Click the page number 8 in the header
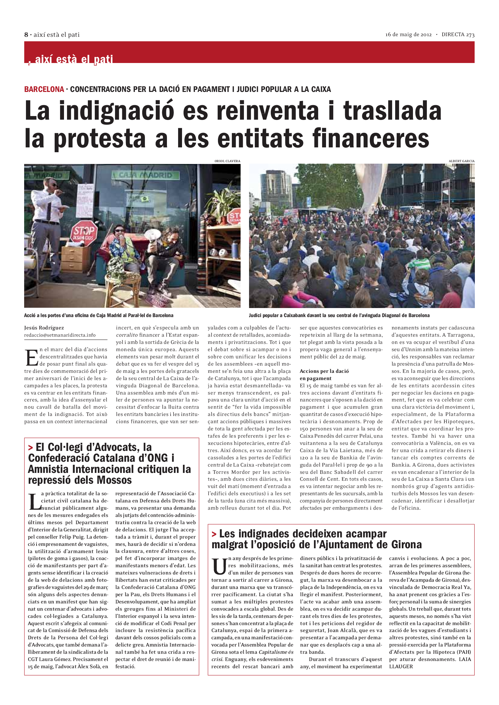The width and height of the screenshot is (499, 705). tap(26, 35)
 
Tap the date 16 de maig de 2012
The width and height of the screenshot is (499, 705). tap(408, 35)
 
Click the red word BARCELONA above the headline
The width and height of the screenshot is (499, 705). tap(44, 89)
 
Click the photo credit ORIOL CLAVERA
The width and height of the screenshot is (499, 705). tap(227, 161)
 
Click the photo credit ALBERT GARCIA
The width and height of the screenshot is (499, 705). tap(461, 161)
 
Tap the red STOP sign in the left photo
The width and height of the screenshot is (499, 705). tap(84, 232)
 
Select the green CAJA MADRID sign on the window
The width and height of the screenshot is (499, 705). tap(146, 175)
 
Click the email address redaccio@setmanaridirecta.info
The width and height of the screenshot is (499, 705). tap(60, 335)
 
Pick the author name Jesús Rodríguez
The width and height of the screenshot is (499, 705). tap(44, 328)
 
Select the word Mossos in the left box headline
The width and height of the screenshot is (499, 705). tap(114, 480)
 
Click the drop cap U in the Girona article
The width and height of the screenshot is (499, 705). tap(219, 567)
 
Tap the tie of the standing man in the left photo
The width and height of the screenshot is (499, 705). tap(49, 210)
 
